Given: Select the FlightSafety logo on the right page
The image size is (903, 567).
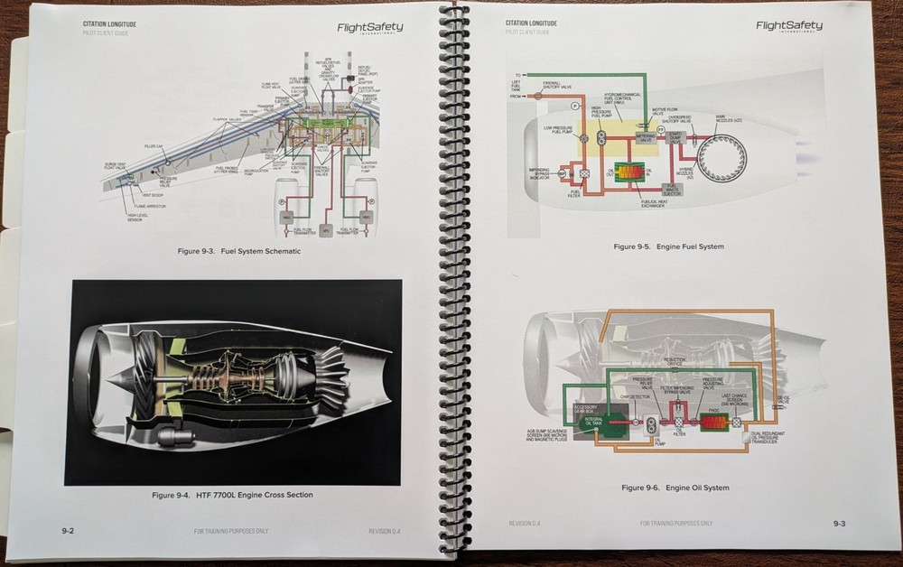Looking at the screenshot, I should tap(788, 27).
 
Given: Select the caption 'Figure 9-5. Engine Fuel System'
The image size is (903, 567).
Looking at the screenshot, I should tap(668, 246).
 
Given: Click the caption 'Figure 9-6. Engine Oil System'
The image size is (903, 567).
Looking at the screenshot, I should tap(675, 488).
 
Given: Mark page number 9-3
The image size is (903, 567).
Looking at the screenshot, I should tap(838, 523).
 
